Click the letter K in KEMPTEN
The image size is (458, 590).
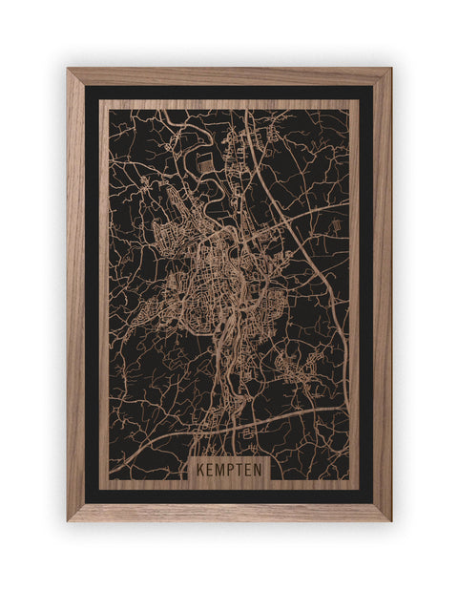[201, 470]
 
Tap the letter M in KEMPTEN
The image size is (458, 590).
[219, 470]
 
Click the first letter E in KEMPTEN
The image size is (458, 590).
[210, 470]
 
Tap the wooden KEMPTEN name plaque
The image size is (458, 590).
[229, 470]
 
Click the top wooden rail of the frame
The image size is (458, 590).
[229, 76]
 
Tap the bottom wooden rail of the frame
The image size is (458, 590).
[229, 512]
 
